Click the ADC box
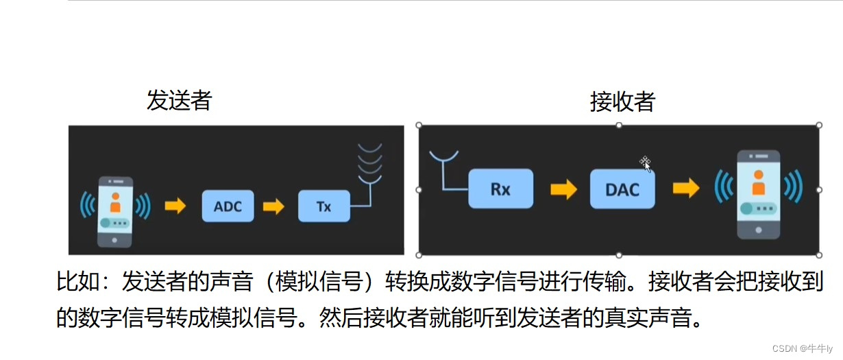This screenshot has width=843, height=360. (x=228, y=206)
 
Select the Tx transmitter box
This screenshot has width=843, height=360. (x=323, y=206)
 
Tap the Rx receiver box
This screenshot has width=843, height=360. (x=500, y=189)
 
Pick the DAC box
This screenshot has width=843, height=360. (x=622, y=189)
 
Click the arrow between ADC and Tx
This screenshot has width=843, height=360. (x=274, y=206)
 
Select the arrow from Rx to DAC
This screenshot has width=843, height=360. (x=563, y=189)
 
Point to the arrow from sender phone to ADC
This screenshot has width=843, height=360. (x=175, y=206)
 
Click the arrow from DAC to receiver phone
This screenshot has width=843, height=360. (x=685, y=189)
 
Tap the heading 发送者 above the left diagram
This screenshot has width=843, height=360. (x=180, y=101)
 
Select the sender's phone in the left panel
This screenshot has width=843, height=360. (x=114, y=211)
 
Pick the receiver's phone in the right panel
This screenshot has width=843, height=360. (x=758, y=194)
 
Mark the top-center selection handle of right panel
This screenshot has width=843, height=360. (x=619, y=125)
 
